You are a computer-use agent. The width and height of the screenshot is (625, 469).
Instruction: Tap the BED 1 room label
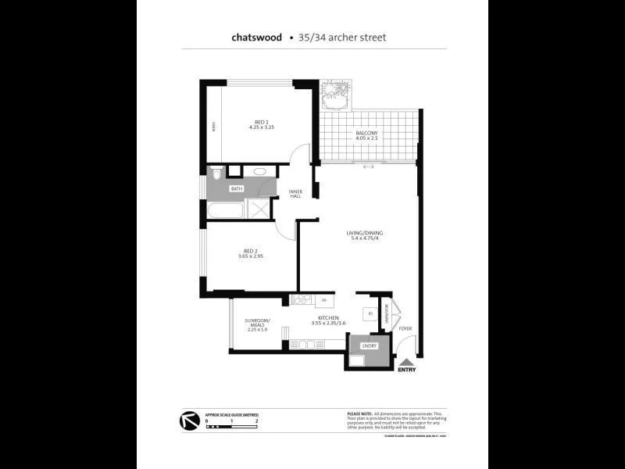tap(262, 121)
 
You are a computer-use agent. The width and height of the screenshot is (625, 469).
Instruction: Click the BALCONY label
tap(367, 134)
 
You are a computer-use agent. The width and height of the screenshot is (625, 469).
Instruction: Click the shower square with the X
tap(257, 208)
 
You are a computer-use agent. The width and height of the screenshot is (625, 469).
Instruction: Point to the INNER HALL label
tap(296, 193)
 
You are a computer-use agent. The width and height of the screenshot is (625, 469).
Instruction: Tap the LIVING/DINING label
tap(365, 234)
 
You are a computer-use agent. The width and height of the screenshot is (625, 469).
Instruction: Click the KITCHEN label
tap(328, 317)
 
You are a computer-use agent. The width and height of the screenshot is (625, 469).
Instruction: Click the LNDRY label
tap(370, 345)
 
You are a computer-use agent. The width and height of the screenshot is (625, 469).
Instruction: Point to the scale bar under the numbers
tap(232, 428)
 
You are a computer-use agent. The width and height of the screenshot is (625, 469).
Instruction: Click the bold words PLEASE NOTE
tap(359, 413)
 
